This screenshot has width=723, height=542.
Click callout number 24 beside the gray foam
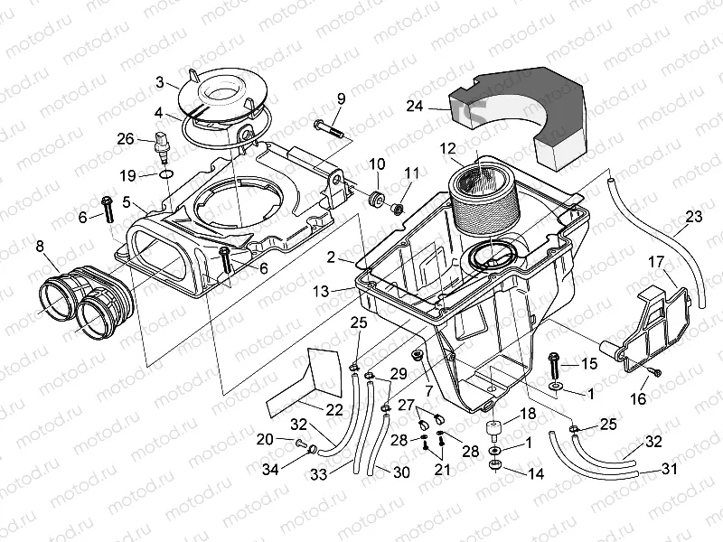click(x=415, y=106)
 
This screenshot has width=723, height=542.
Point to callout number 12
click(x=448, y=148)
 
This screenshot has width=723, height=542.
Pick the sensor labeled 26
click(x=164, y=143)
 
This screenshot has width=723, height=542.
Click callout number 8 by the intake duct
click(x=39, y=245)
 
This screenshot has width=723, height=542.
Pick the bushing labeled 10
click(x=376, y=197)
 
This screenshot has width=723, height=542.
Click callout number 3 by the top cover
click(x=159, y=83)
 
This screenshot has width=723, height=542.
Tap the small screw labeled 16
click(x=659, y=372)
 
